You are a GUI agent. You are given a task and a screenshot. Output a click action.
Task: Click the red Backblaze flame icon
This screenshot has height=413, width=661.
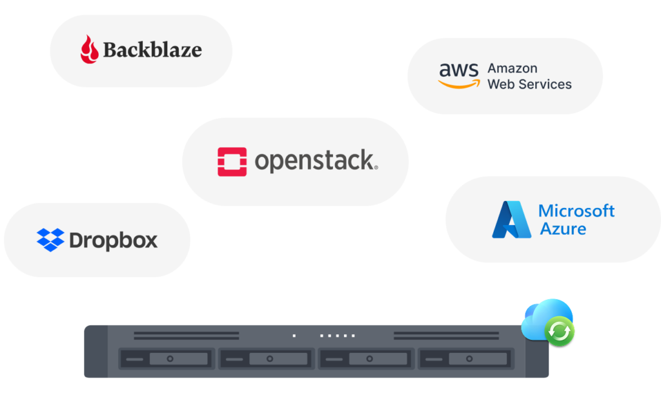[x=89, y=49]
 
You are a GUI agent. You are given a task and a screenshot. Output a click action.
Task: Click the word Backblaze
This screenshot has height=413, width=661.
[x=152, y=50]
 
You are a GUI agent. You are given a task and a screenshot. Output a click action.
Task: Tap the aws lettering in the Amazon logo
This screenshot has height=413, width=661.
[x=459, y=70]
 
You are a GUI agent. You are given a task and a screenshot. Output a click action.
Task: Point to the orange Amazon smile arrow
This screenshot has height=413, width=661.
[x=459, y=84]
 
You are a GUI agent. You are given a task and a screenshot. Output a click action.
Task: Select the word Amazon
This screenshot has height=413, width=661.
[x=513, y=68]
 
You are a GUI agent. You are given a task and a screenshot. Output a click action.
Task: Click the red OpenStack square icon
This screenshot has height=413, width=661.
[x=232, y=162]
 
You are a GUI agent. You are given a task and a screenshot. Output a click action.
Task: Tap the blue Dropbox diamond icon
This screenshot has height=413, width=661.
[x=50, y=240]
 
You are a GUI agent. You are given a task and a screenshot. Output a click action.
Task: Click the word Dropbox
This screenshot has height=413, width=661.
[x=114, y=240]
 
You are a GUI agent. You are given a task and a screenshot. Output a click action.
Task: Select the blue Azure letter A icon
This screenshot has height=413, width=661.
[x=511, y=220]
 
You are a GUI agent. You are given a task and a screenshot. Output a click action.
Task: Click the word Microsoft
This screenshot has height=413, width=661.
[x=576, y=211]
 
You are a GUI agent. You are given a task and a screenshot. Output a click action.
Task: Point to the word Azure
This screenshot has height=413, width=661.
[x=563, y=229]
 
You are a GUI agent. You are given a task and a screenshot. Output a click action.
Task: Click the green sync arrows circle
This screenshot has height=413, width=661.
[x=560, y=332]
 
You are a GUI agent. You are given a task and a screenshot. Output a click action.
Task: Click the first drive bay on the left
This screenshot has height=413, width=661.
[x=167, y=359]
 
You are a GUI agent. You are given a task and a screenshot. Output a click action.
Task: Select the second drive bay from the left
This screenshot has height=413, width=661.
[x=267, y=359]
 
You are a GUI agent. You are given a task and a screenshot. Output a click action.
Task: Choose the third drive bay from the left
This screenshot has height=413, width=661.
[x=367, y=359]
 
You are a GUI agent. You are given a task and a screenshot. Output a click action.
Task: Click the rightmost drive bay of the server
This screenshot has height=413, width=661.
[x=466, y=359]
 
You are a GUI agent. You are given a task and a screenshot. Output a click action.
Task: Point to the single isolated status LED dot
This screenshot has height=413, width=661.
[x=294, y=335]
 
